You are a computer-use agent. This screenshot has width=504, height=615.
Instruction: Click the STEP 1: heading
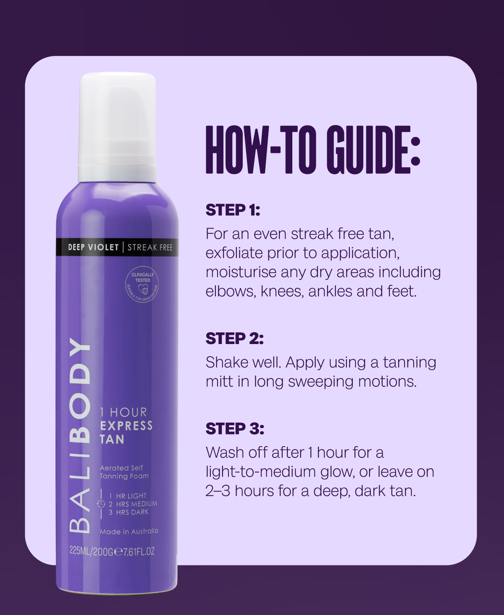(233, 210)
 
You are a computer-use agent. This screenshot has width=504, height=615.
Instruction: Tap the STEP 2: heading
(234, 338)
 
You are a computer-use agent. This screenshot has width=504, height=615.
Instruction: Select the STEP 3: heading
(235, 428)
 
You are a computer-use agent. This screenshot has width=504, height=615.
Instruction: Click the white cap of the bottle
(117, 127)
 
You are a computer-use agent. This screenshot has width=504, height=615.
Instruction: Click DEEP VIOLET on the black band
(93, 247)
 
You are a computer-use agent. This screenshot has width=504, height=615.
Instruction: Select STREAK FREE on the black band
(150, 247)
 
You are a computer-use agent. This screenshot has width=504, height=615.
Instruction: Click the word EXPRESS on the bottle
(126, 426)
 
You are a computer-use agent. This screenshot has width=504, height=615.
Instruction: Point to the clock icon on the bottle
(101, 504)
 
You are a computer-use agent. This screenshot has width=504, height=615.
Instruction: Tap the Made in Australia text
(129, 531)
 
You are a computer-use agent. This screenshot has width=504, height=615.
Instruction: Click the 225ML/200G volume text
(91, 552)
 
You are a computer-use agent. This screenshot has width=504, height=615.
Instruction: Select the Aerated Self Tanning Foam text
(124, 472)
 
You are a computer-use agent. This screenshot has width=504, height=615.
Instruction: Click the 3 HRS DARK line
(129, 512)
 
